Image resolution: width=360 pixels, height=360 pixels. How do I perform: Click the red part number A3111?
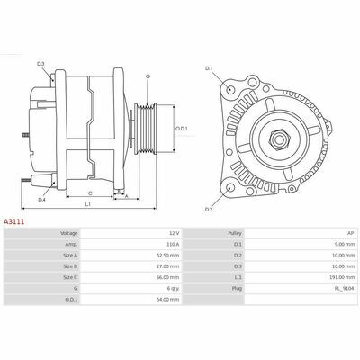pos(13,222)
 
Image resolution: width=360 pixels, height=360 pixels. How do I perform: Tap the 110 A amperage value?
pos(173,244)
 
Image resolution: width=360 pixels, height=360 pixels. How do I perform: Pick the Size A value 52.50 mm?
pos(170,256)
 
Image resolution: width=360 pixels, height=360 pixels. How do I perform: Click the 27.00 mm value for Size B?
pos(170,266)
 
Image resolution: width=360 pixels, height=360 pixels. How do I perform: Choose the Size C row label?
pos(70,277)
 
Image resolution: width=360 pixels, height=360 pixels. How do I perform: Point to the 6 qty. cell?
pos(174,289)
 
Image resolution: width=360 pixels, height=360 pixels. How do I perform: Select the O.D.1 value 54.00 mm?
pos(170,300)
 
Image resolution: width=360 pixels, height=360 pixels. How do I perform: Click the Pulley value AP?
pos(351,233)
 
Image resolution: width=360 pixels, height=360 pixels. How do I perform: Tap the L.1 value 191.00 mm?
pos(344,277)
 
